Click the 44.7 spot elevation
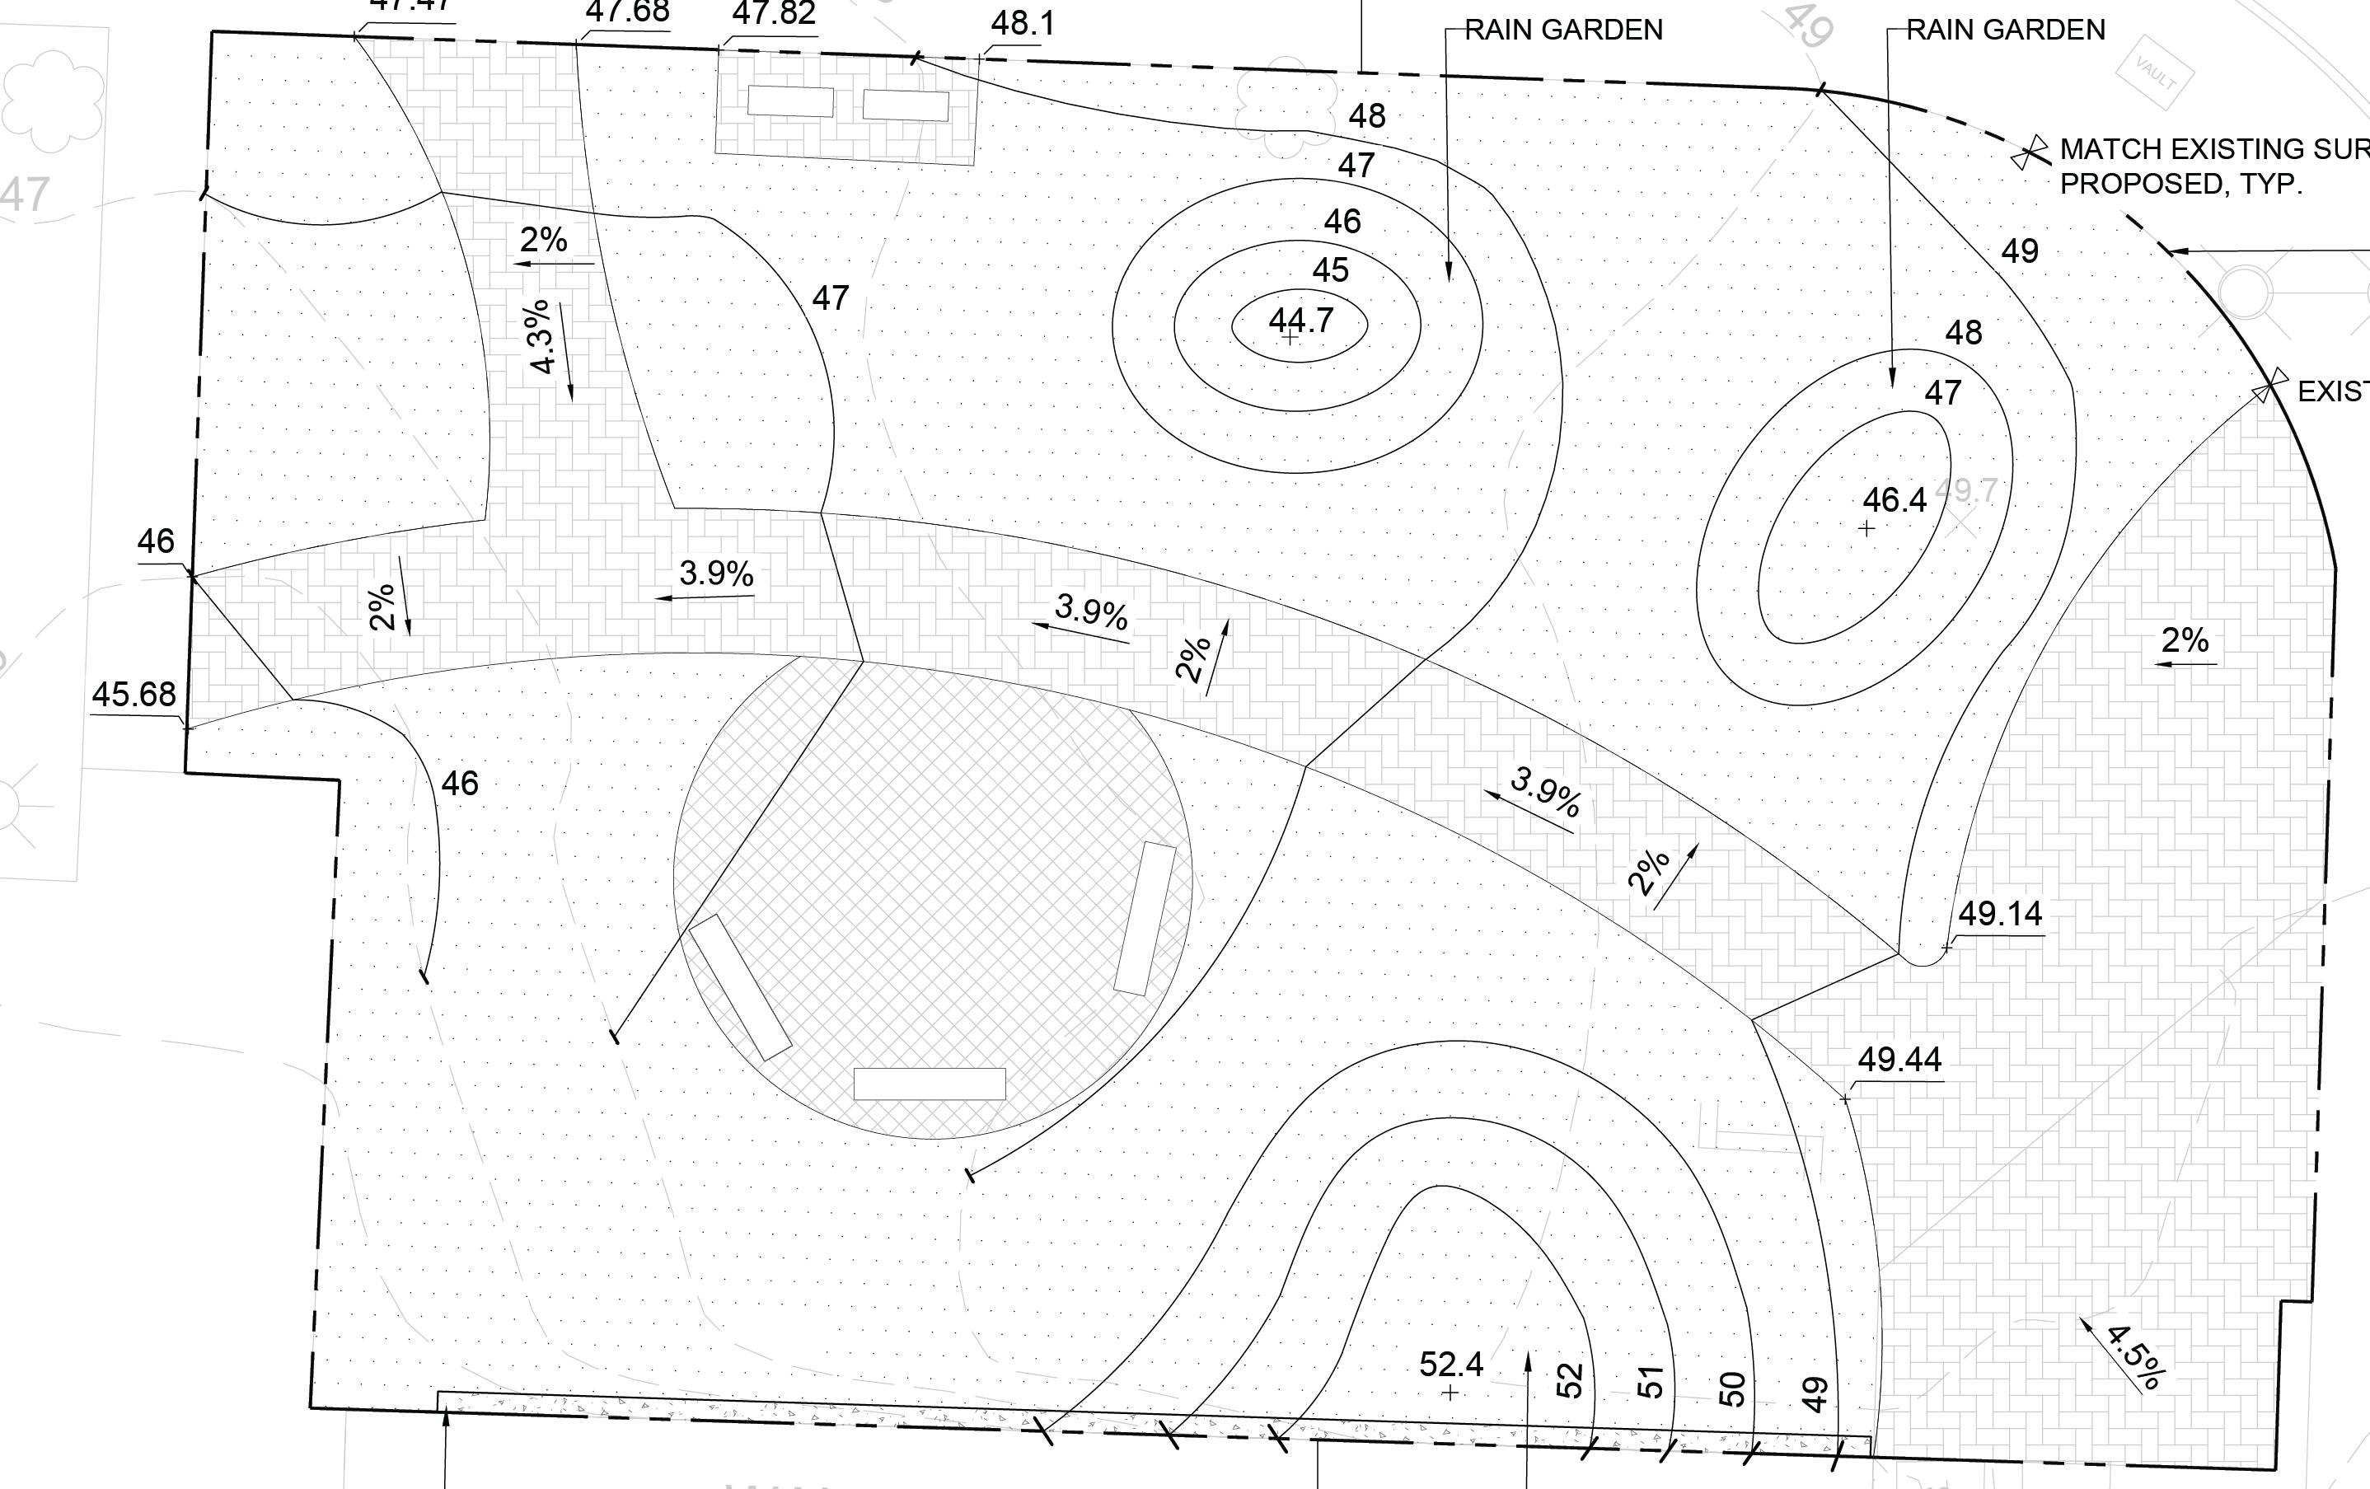tap(1301, 320)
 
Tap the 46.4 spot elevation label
tap(1895, 500)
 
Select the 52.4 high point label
tap(1450, 1364)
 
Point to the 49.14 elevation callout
tap(2000, 915)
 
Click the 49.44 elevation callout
tap(1899, 1060)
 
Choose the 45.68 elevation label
tap(133, 695)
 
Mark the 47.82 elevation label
tap(774, 15)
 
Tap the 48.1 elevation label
tap(1023, 22)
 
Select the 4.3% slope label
tap(541, 338)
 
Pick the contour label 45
tap(1331, 270)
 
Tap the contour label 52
tap(1571, 1379)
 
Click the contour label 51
tap(1651, 1382)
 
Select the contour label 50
tap(1732, 1388)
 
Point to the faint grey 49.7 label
tap(1966, 490)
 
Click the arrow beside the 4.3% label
tap(566, 351)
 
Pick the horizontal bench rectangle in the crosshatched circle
tap(929, 1084)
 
